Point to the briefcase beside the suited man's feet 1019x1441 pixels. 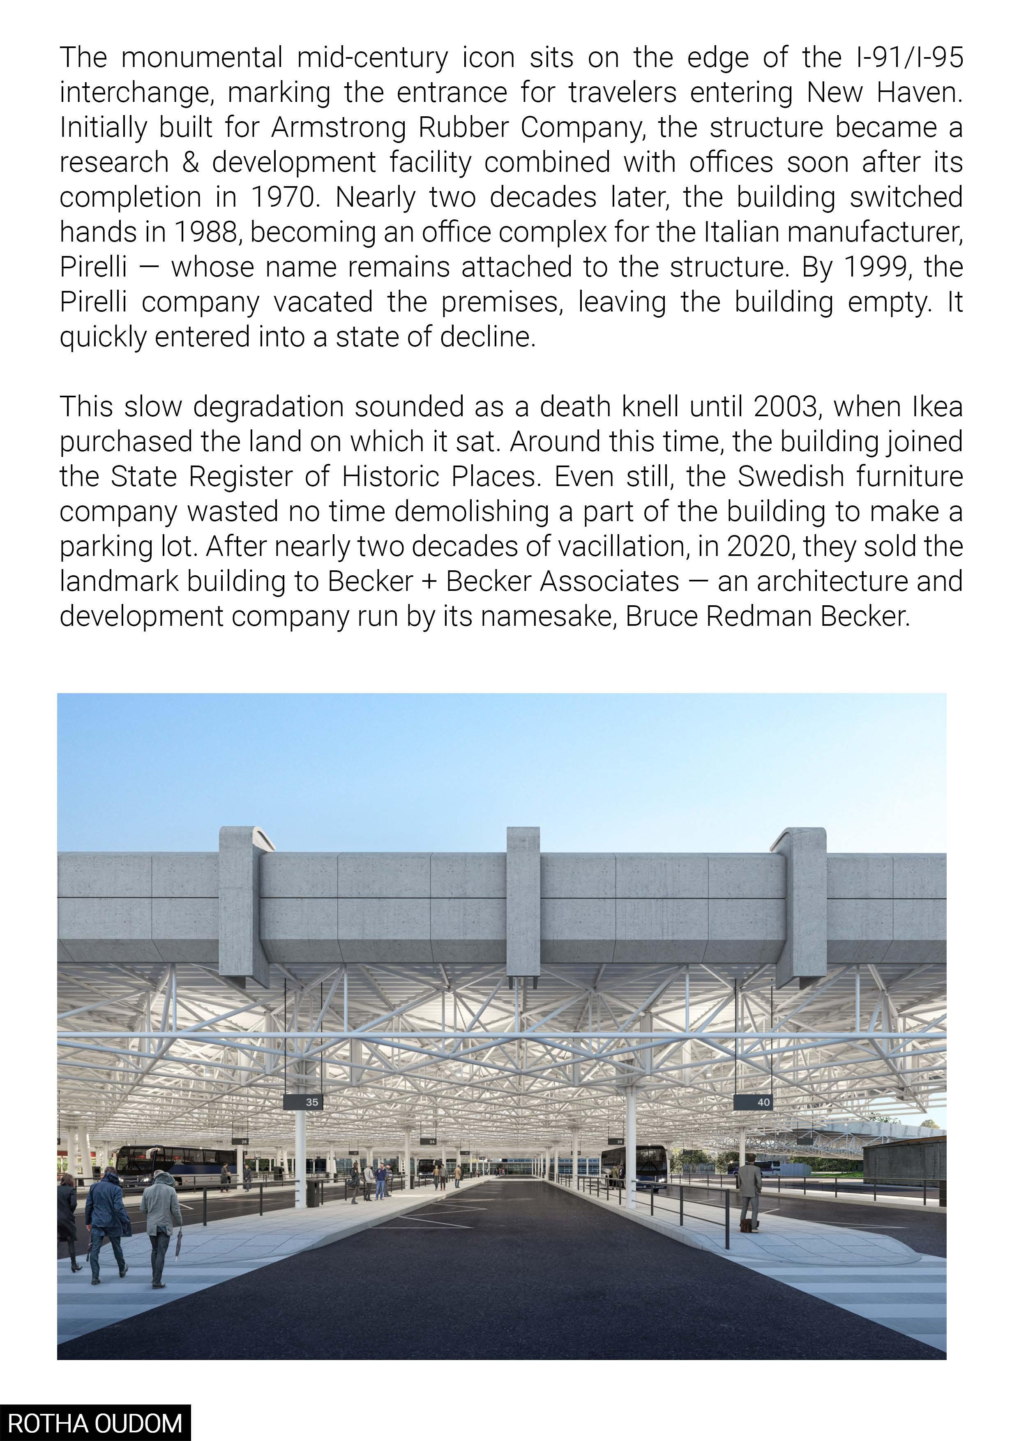tap(747, 1224)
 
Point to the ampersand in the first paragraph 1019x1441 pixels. tap(191, 163)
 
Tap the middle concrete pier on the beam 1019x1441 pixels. tap(523, 904)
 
